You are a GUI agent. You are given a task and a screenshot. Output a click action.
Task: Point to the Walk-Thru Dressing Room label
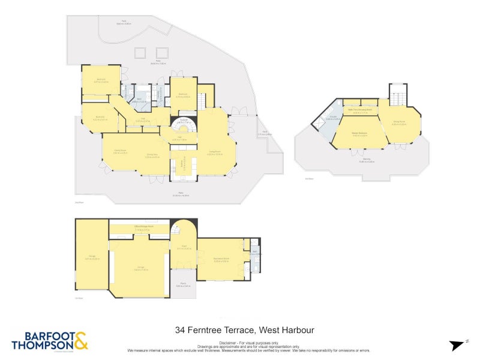coord(359,110)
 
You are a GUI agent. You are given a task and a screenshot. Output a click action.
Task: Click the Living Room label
coord(215,152)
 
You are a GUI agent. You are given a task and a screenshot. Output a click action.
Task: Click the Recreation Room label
coord(221,260)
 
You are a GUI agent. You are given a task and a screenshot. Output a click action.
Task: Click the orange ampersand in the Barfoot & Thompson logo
coord(81,340)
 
